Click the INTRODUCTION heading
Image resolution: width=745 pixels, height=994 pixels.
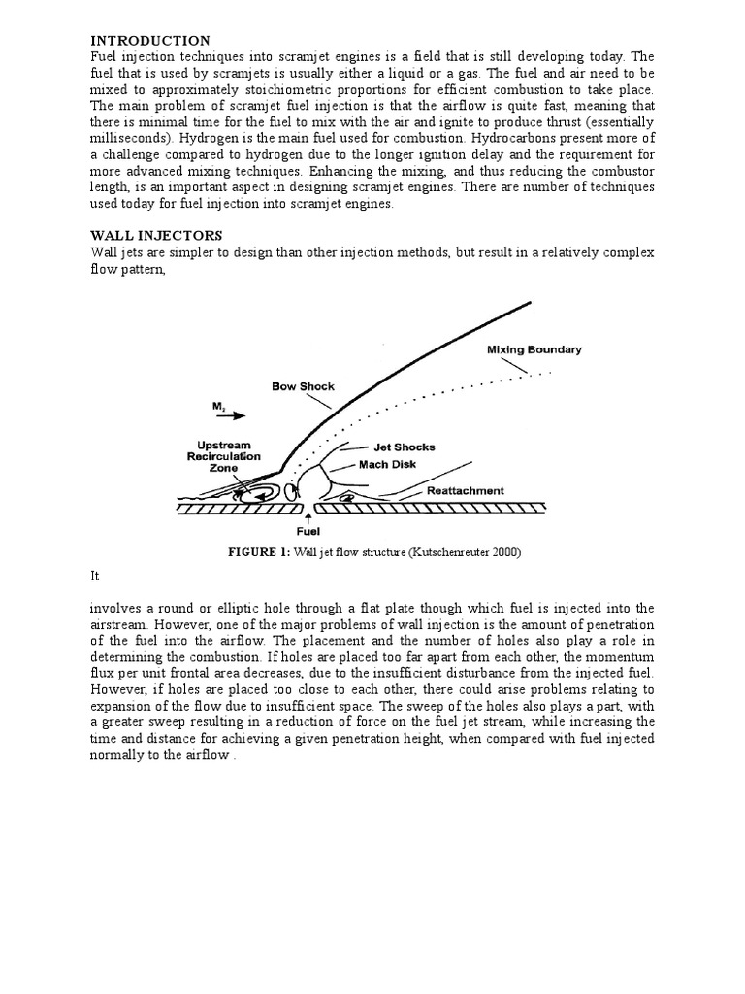[150, 41]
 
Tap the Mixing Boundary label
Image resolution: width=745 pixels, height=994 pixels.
[534, 349]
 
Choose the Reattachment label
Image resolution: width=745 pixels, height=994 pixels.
[466, 491]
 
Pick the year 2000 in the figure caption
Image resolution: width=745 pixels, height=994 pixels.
[503, 553]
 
